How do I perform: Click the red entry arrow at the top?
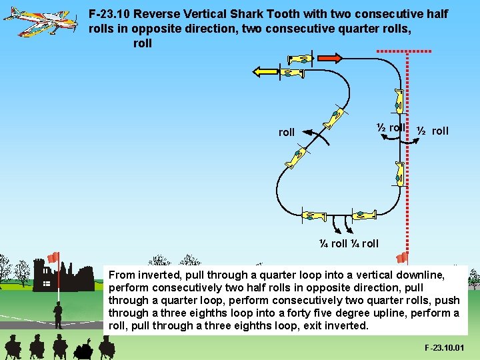328,59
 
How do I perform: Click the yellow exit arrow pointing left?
264,73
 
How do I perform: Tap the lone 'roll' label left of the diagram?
286,132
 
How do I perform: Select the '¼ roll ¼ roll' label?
348,243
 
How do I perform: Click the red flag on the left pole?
53,257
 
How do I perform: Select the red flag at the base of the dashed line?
402,258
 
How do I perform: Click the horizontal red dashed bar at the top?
404,51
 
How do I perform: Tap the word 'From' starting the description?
121,275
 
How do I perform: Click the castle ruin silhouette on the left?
67,280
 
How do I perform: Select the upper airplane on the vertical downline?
398,100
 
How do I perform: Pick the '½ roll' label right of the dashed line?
433,131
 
